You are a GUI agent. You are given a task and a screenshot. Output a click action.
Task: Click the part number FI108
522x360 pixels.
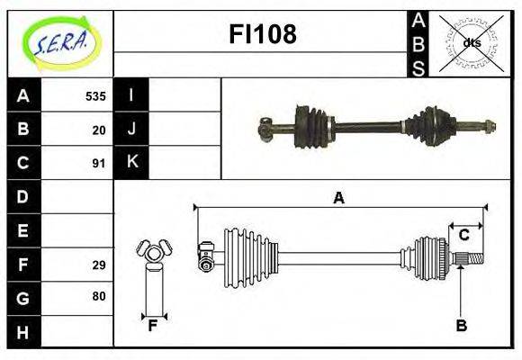(263, 33)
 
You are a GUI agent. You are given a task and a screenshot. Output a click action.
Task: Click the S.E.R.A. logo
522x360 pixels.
(61, 43)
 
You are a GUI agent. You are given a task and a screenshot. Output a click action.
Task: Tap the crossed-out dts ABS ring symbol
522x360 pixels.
(471, 43)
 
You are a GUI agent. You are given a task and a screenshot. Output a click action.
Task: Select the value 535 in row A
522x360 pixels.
(95, 96)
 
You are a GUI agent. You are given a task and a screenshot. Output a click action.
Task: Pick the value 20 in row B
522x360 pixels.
(99, 130)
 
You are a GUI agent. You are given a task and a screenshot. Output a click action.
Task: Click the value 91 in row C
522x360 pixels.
(99, 164)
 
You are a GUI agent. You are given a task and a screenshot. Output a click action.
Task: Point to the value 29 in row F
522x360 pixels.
(99, 265)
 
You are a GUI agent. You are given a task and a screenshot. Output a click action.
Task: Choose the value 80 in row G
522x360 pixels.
(99, 296)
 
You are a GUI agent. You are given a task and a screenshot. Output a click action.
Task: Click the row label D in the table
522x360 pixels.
(22, 197)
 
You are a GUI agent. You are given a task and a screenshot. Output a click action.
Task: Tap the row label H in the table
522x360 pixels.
(22, 333)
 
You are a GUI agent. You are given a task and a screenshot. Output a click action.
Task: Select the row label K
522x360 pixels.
(132, 161)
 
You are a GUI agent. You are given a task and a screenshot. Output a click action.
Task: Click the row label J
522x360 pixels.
(131, 129)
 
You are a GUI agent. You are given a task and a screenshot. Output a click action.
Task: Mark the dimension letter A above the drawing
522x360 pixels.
(339, 198)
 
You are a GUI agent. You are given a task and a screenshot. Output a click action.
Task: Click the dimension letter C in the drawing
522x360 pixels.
(463, 235)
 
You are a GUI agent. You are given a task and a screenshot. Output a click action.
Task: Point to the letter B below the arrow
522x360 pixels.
(462, 325)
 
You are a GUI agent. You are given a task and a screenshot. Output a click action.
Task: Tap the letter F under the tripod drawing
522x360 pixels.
(152, 326)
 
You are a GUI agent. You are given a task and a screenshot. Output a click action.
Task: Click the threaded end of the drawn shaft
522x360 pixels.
(476, 258)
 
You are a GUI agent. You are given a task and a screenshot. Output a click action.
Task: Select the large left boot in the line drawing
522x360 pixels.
(251, 258)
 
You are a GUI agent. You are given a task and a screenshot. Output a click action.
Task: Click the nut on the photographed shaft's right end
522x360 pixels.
(489, 127)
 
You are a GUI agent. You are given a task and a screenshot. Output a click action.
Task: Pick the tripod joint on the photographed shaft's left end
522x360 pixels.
(265, 129)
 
